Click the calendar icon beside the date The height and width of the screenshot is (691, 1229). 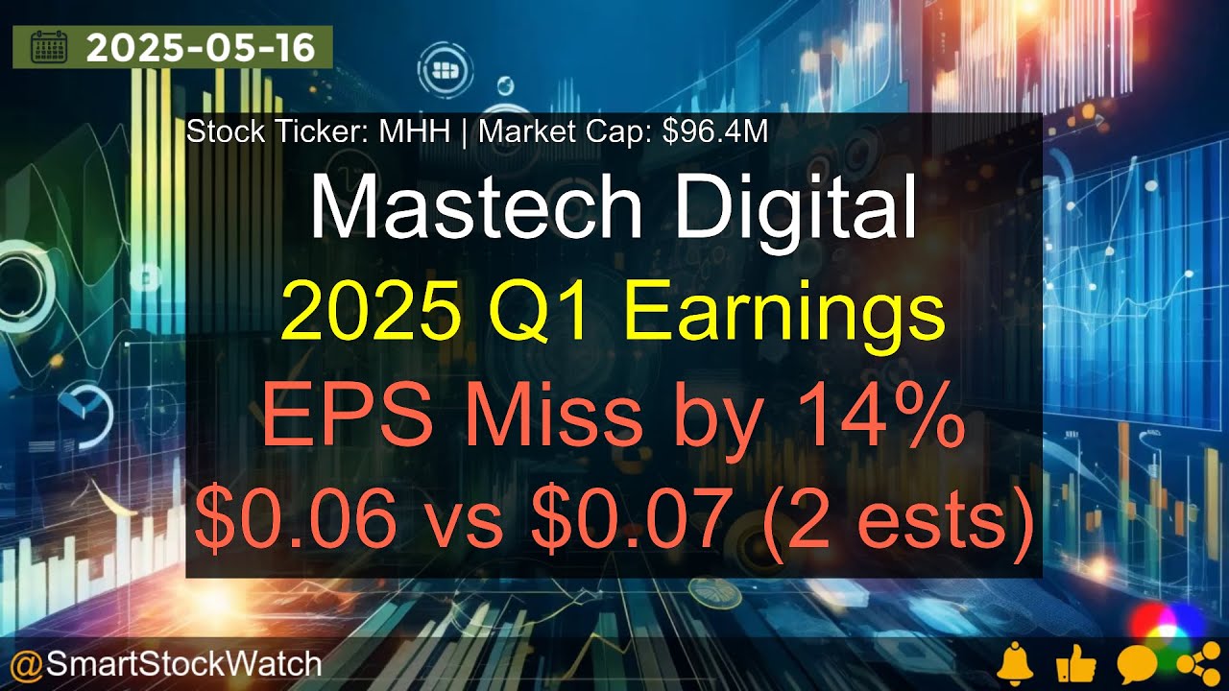click(49, 48)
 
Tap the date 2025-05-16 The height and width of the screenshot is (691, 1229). click(200, 48)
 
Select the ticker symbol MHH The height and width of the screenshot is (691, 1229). click(414, 131)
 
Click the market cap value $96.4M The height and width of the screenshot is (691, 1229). click(715, 131)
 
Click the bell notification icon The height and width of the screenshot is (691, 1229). click(1016, 663)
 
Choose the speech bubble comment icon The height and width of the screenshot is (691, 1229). click(1135, 663)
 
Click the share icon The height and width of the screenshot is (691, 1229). click(1193, 663)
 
